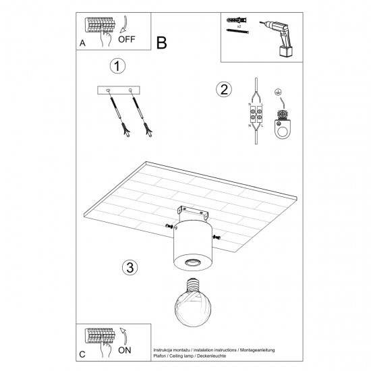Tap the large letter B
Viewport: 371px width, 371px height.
(161, 42)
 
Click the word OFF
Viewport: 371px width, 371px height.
(127, 39)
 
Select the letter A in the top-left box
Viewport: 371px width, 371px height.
(82, 42)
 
